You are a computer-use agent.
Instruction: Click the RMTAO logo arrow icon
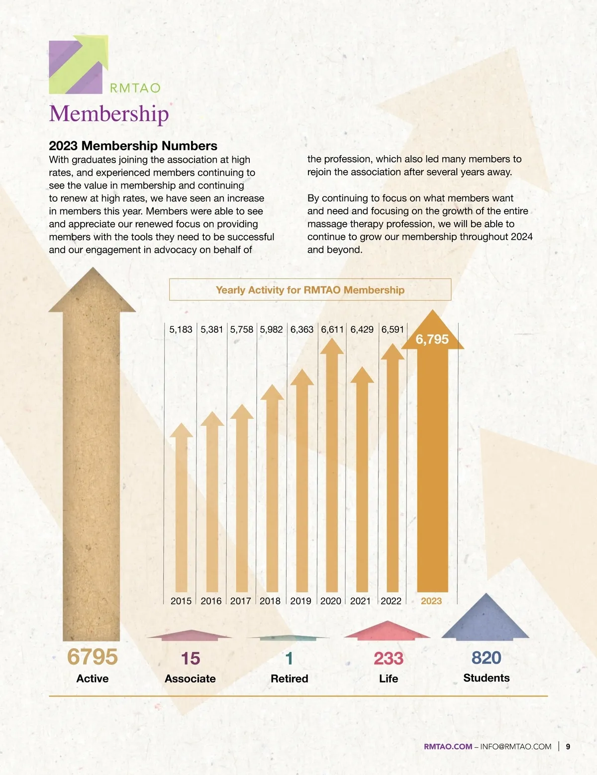click(x=79, y=64)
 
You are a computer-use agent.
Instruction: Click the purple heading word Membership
click(x=109, y=113)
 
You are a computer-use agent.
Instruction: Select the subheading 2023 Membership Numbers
click(x=133, y=146)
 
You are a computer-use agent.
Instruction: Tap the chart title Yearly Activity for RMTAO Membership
click(x=310, y=290)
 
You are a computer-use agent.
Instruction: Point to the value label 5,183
click(x=181, y=329)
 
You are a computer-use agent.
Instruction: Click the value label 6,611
click(x=332, y=329)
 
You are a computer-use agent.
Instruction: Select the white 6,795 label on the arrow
click(x=432, y=339)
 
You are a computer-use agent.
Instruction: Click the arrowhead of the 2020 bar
click(x=332, y=346)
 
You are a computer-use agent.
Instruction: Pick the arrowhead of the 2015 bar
click(x=181, y=430)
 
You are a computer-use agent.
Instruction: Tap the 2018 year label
click(x=270, y=601)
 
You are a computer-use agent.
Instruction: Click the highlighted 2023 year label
click(x=431, y=601)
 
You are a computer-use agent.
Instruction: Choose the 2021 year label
click(x=360, y=601)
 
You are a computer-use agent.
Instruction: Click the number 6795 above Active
click(x=93, y=657)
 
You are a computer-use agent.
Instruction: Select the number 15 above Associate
click(x=191, y=659)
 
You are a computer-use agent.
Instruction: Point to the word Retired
click(x=289, y=678)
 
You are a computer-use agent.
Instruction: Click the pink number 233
click(x=388, y=659)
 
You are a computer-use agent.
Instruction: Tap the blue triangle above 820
click(x=486, y=619)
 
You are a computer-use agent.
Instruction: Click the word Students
click(x=486, y=678)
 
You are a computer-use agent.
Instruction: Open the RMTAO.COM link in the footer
click(x=448, y=747)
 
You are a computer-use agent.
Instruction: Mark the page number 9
click(x=568, y=747)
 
